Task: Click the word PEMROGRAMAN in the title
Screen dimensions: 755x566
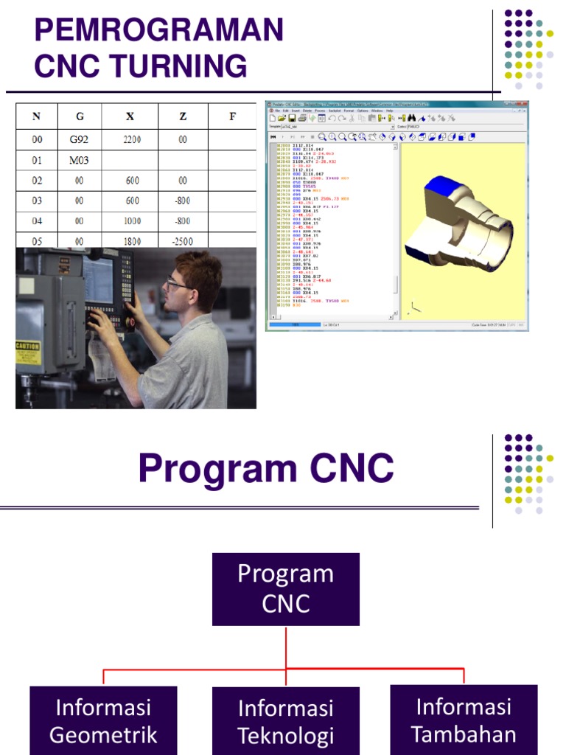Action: tap(158, 31)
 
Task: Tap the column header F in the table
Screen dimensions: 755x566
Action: tap(232, 116)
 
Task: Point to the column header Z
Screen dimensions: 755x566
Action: tap(182, 116)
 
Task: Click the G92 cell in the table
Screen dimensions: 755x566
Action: tap(80, 139)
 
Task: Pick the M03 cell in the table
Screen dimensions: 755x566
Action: tap(80, 160)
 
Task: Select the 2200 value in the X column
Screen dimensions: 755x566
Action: tap(132, 139)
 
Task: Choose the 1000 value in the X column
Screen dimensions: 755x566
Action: tap(132, 220)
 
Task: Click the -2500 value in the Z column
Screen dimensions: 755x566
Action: tap(182, 240)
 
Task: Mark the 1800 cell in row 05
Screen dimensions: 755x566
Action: tap(132, 240)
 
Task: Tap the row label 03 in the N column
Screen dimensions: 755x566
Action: tap(37, 201)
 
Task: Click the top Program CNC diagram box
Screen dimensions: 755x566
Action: tap(286, 589)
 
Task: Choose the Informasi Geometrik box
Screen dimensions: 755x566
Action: tap(103, 720)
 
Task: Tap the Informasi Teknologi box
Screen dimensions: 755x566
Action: tap(286, 721)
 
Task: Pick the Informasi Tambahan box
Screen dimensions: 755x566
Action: tap(464, 720)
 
